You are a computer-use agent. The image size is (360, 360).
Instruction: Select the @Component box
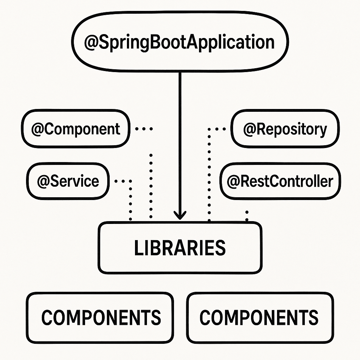tap(75, 129)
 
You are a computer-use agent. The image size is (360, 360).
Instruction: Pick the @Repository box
tap(285, 129)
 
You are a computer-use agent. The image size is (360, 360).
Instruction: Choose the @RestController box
tap(280, 181)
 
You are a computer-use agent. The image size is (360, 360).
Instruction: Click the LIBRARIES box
tap(180, 247)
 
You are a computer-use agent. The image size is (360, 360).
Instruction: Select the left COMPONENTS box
tap(101, 317)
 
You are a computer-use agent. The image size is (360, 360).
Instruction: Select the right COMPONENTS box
tap(260, 317)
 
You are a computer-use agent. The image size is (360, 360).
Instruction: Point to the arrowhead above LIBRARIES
tap(180, 214)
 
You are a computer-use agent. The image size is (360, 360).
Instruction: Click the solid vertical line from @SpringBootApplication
tap(180, 141)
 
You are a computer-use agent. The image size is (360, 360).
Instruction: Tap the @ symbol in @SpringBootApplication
tap(91, 43)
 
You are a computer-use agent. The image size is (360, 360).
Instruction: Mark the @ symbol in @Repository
tap(250, 129)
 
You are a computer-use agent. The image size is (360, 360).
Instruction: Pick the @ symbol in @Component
tap(38, 129)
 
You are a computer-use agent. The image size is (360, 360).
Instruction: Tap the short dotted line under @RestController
tap(247, 216)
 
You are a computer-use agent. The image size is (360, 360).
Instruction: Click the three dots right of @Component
tap(144, 129)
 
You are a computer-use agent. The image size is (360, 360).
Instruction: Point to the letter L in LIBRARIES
tap(137, 248)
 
